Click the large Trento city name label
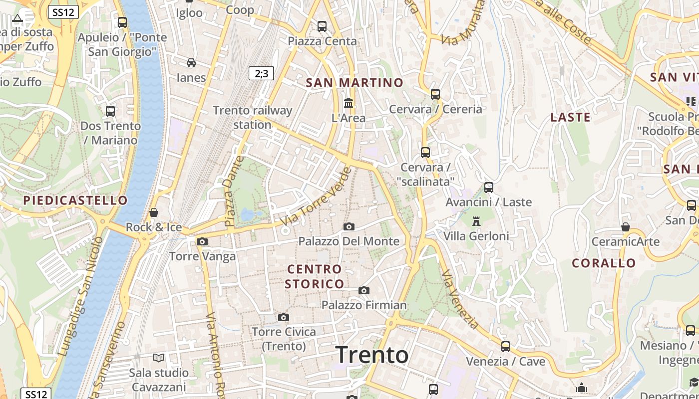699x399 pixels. click(372, 355)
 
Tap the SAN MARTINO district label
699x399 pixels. click(354, 83)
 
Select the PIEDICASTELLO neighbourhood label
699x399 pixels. click(75, 200)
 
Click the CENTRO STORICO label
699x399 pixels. click(315, 276)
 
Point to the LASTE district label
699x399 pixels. click(570, 117)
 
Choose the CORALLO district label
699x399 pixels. click(604, 263)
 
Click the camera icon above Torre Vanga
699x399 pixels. click(202, 242)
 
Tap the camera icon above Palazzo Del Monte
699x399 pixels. click(349, 227)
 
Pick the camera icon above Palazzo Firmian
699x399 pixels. click(364, 290)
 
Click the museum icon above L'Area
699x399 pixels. click(349, 103)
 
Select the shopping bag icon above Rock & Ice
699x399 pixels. click(154, 212)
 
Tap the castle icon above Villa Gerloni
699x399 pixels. click(476, 221)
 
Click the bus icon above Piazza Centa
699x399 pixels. click(322, 26)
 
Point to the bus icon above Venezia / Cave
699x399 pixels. click(506, 346)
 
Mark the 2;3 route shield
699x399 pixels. click(261, 74)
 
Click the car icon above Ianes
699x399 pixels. click(191, 63)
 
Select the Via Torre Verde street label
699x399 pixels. click(316, 196)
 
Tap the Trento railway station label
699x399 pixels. click(253, 117)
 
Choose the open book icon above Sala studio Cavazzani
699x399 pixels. click(159, 358)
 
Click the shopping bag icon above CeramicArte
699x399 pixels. click(626, 227)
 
